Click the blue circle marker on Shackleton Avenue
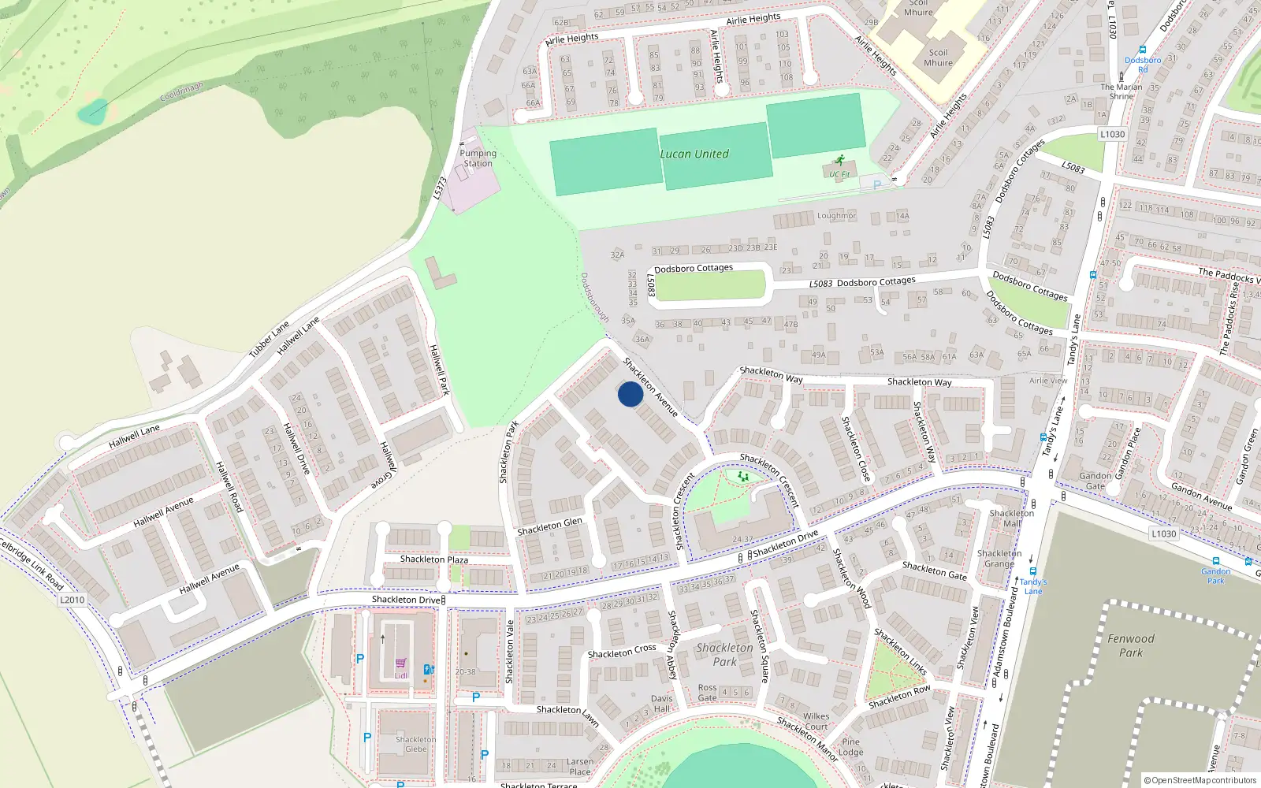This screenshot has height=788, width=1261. (x=630, y=394)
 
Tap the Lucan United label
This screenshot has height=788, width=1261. (x=694, y=154)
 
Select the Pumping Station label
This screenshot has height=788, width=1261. (x=478, y=158)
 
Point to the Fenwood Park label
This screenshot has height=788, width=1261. (x=1130, y=645)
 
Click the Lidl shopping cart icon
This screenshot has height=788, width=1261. (x=401, y=663)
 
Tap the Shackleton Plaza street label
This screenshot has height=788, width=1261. (x=433, y=559)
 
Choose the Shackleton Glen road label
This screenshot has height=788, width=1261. (x=549, y=526)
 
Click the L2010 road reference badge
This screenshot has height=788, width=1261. (x=72, y=600)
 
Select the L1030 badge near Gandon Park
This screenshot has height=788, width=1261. (x=1163, y=533)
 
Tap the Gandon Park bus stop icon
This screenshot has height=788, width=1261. (x=1215, y=561)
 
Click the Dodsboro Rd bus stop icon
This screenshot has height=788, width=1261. (x=1142, y=50)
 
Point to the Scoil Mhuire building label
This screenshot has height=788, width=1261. (x=938, y=58)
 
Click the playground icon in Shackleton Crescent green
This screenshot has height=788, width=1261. (x=742, y=476)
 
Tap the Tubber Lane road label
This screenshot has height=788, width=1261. (x=270, y=340)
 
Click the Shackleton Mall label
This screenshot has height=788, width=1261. (x=1011, y=518)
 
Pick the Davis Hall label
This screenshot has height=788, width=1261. (x=662, y=703)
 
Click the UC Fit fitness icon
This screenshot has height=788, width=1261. (x=840, y=160)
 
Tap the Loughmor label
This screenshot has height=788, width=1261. (x=836, y=216)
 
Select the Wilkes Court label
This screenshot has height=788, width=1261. (x=816, y=721)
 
